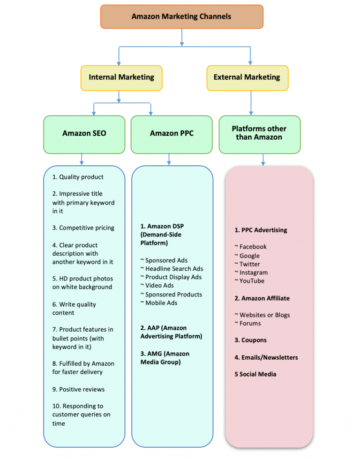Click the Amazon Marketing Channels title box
coord(181,16)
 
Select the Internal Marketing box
coord(121,78)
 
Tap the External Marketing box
coord(247,78)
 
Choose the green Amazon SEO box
coord(84,133)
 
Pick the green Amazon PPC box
coord(172,133)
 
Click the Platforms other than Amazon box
coord(259,133)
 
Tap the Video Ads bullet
coord(159,285)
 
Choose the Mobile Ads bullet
coord(161,303)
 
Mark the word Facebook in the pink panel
coord(253,246)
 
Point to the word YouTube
coord(252,281)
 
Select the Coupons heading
coord(254,340)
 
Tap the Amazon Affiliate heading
coord(265,298)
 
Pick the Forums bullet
coord(250,323)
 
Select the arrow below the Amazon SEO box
coord(82,159)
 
